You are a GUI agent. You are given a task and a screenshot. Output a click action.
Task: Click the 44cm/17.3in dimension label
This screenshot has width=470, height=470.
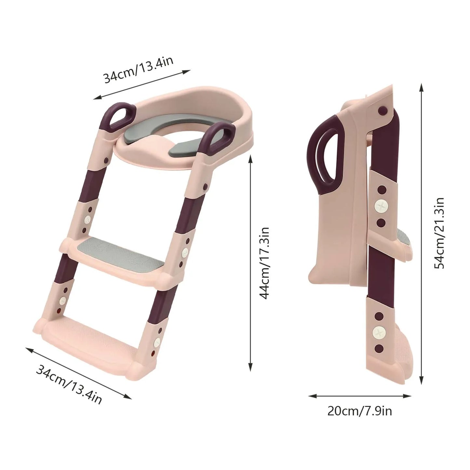[264, 263]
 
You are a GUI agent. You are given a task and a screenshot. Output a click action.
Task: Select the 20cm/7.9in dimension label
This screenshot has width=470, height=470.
[359, 411]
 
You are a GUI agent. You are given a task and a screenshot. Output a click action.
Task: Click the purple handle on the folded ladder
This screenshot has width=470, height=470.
[327, 155]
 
